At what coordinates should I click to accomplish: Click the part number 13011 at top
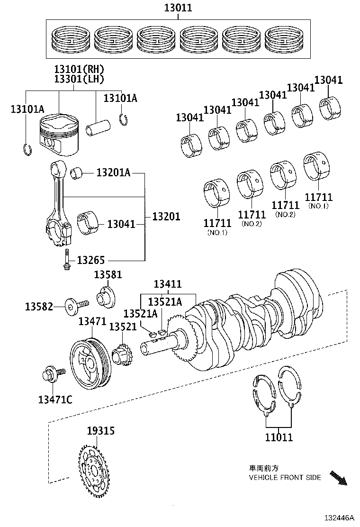pyautogui.click(x=178, y=8)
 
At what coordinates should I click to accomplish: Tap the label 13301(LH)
pyautogui.click(x=79, y=79)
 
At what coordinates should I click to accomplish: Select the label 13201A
pyautogui.click(x=113, y=173)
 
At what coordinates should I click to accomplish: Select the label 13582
pyautogui.click(x=39, y=307)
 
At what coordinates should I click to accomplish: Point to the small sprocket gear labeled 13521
pyautogui.click(x=121, y=355)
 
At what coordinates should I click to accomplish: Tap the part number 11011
pyautogui.click(x=279, y=437)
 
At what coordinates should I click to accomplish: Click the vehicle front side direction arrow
pyautogui.click(x=338, y=478)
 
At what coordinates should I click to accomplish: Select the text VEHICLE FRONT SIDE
pyautogui.click(x=285, y=477)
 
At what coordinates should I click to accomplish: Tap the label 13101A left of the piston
pyautogui.click(x=27, y=109)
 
